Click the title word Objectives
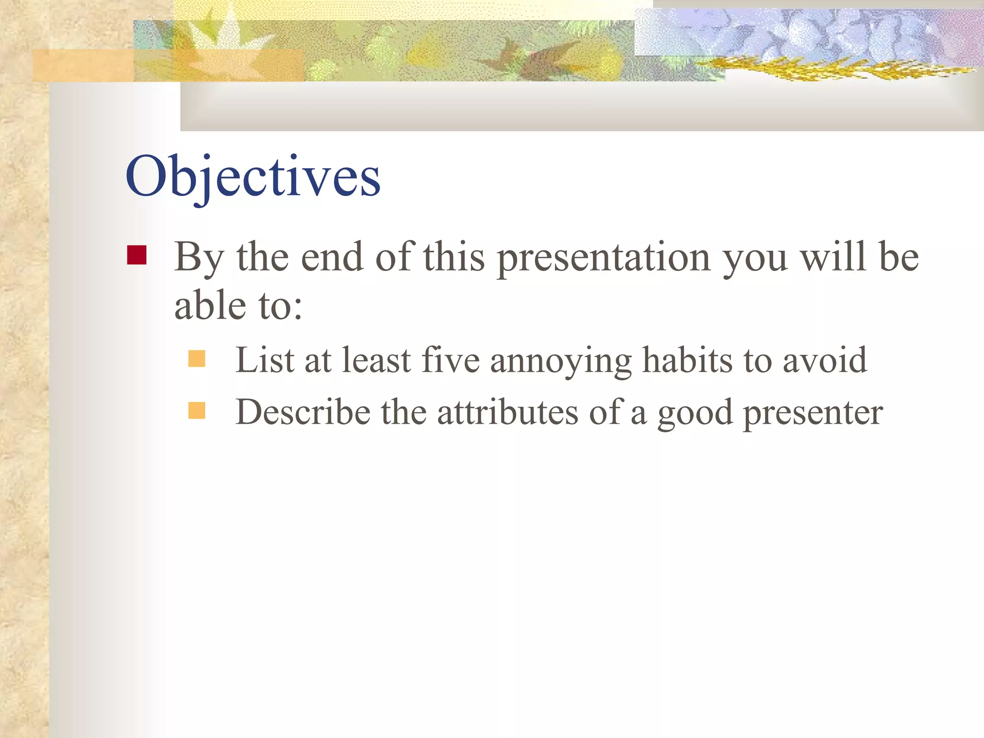pyautogui.click(x=253, y=177)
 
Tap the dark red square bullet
pyautogui.click(x=137, y=255)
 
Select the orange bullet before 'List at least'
pyautogui.click(x=197, y=359)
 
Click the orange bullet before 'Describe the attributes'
pyautogui.click(x=197, y=410)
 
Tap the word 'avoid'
pyautogui.click(x=824, y=360)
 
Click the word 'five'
pyautogui.click(x=450, y=360)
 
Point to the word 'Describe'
pyautogui.click(x=303, y=412)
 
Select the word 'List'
pyautogui.click(x=264, y=360)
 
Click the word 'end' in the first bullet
pyautogui.click(x=332, y=258)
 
